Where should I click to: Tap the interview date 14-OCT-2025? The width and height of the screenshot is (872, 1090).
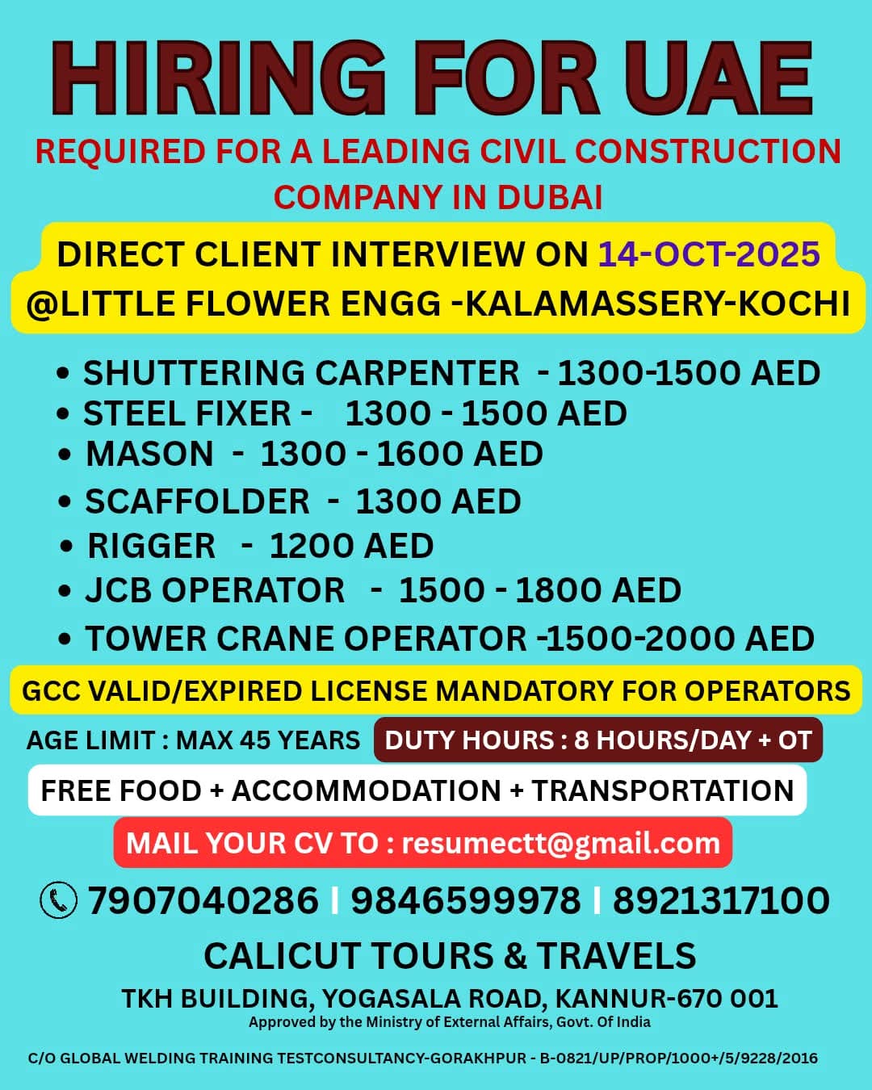pyautogui.click(x=709, y=254)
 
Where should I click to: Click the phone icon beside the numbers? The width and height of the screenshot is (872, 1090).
pyautogui.click(x=59, y=900)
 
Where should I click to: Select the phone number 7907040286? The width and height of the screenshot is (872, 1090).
pyautogui.click(x=203, y=900)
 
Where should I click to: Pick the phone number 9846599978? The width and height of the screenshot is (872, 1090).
pyautogui.click(x=465, y=900)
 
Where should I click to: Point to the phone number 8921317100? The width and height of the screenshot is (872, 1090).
pyautogui.click(x=721, y=900)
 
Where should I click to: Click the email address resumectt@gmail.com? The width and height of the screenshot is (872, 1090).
pyautogui.click(x=560, y=843)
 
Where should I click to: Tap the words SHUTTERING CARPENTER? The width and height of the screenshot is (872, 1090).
pyautogui.click(x=301, y=373)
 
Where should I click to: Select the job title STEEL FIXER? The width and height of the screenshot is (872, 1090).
pyautogui.click(x=187, y=413)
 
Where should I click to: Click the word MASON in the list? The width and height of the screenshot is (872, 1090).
pyautogui.click(x=149, y=454)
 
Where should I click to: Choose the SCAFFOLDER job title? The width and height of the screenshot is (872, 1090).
pyautogui.click(x=197, y=501)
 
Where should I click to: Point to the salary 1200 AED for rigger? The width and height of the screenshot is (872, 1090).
pyautogui.click(x=351, y=546)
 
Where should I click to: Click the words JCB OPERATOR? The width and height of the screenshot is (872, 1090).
pyautogui.click(x=215, y=590)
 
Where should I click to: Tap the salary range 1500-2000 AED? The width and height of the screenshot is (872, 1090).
pyautogui.click(x=681, y=639)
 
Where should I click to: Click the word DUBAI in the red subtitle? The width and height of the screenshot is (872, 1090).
pyautogui.click(x=550, y=197)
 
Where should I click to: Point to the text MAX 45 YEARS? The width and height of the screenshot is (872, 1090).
pyautogui.click(x=268, y=740)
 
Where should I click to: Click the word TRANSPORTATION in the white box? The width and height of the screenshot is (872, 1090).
pyautogui.click(x=662, y=790)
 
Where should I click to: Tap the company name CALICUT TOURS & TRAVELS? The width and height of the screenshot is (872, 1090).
pyautogui.click(x=450, y=956)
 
